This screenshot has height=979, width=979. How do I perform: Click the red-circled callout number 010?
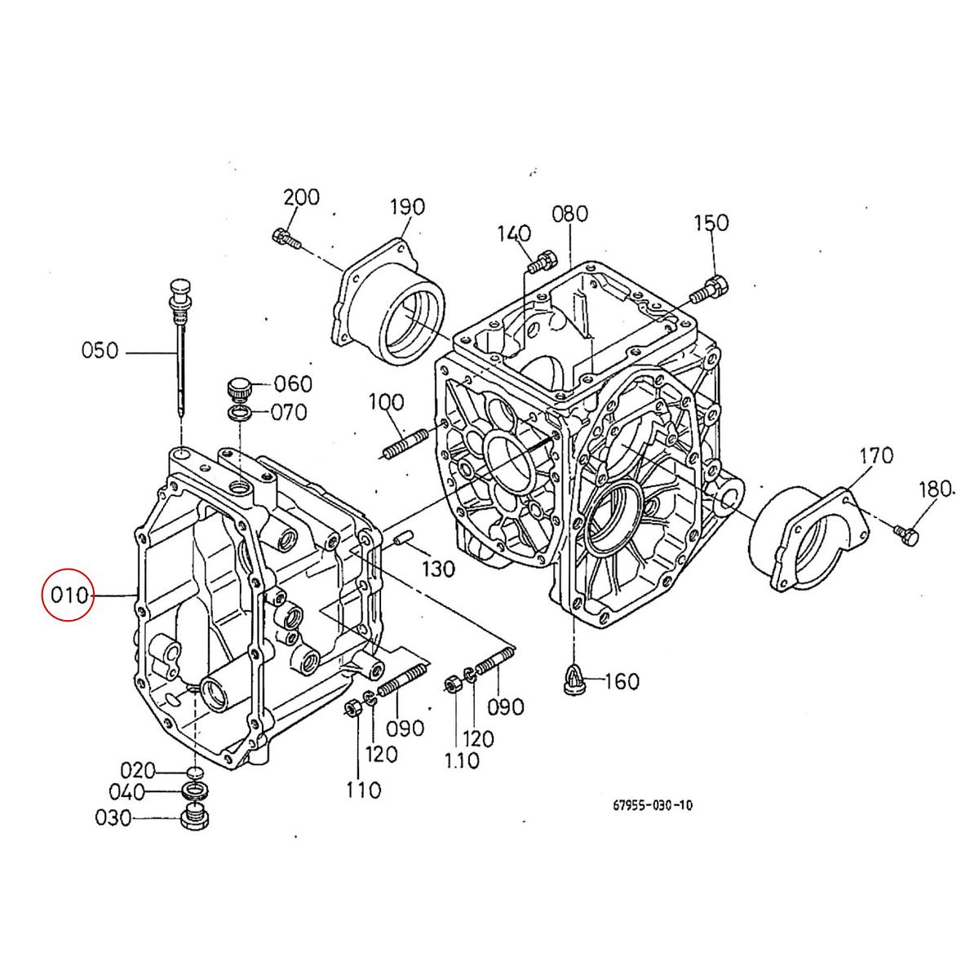[69, 595]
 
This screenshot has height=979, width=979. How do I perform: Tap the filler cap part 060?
[239, 386]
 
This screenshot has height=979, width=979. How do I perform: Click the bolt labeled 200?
[284, 238]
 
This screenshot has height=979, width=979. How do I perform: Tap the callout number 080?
[569, 214]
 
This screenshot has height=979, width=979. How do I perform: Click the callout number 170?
[875, 454]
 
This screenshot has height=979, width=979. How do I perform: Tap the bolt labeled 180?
[906, 535]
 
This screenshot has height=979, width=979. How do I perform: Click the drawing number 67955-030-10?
[653, 805]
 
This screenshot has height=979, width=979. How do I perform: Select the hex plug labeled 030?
[194, 817]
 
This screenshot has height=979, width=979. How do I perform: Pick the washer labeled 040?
[194, 791]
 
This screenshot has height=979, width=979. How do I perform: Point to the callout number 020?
[138, 770]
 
